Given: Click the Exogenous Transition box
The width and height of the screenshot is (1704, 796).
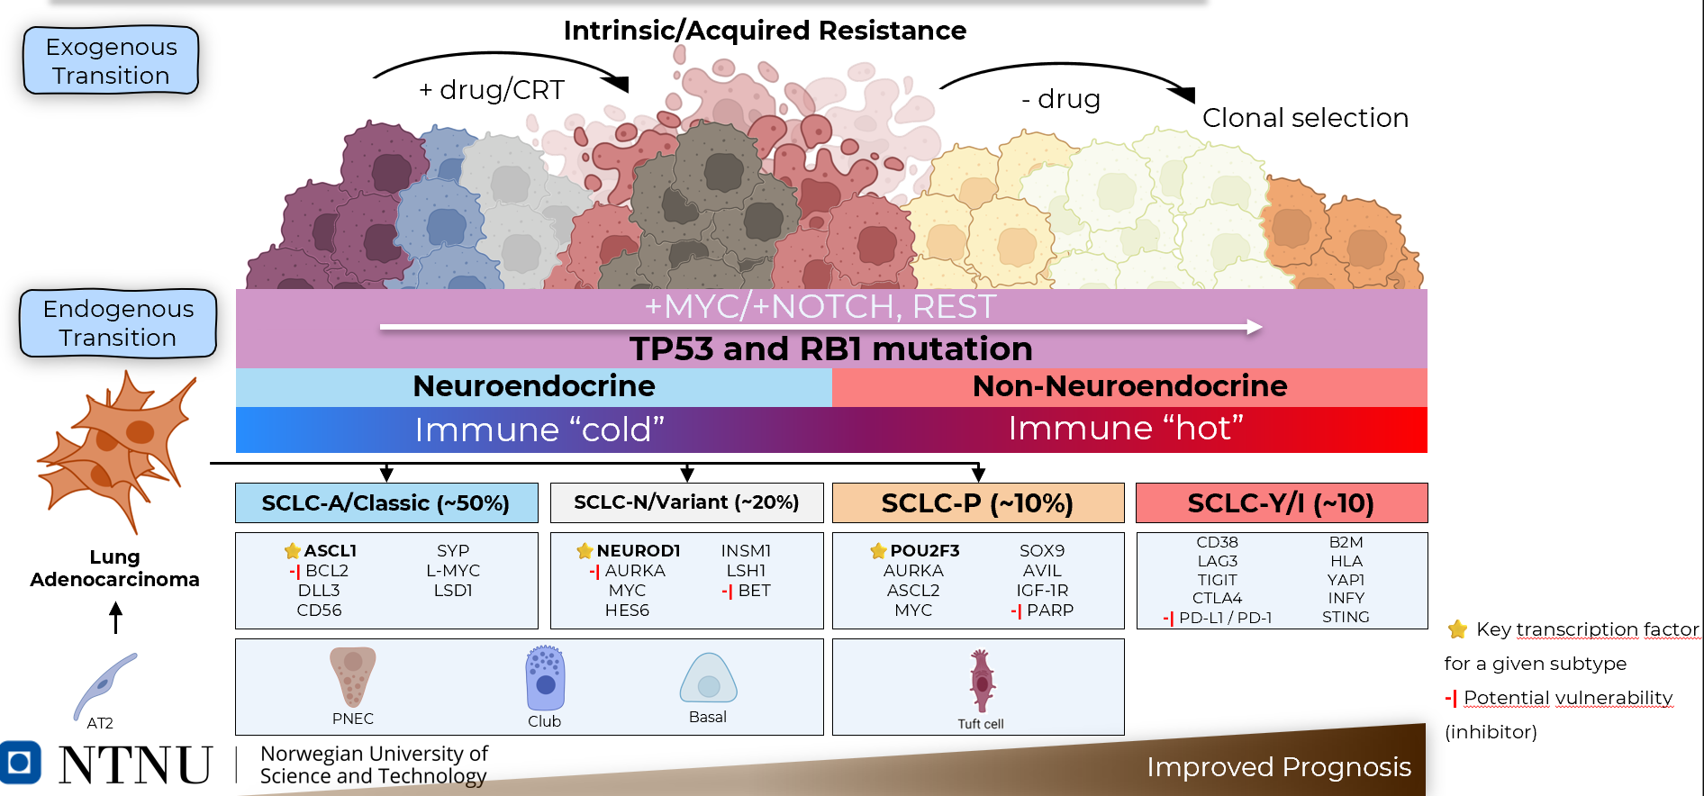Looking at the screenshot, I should click(111, 60).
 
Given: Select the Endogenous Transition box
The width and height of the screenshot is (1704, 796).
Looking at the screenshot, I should click(118, 323).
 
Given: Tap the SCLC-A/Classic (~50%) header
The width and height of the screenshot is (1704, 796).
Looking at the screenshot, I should click(386, 502).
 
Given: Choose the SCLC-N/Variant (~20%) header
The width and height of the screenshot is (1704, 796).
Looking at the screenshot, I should click(686, 502).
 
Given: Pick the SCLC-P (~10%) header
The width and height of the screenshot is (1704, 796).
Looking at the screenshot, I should click(977, 502).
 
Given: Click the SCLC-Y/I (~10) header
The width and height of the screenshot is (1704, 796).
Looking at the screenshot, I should click(1281, 502).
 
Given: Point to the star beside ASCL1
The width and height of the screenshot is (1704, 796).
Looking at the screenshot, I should click(293, 550).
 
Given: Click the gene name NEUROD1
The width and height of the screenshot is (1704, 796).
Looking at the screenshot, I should click(638, 550).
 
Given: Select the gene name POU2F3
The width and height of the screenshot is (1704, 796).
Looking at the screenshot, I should click(924, 550).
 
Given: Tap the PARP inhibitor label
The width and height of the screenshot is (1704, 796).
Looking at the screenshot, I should click(1050, 611).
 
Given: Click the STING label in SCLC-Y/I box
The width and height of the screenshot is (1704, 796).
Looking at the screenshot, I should click(1346, 617).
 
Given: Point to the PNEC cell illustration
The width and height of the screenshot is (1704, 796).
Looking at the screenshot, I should click(353, 676).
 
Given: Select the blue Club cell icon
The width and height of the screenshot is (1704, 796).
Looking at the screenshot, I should click(545, 679).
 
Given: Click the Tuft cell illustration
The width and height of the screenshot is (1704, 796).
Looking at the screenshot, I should click(982, 682).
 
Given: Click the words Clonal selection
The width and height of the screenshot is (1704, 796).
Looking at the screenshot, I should click(1305, 118).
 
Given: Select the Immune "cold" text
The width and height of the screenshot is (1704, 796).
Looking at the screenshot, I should click(539, 430).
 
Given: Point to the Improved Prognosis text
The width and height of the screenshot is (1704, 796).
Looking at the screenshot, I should click(1278, 767).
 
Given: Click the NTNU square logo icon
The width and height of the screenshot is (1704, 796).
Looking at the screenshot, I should click(20, 763).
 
